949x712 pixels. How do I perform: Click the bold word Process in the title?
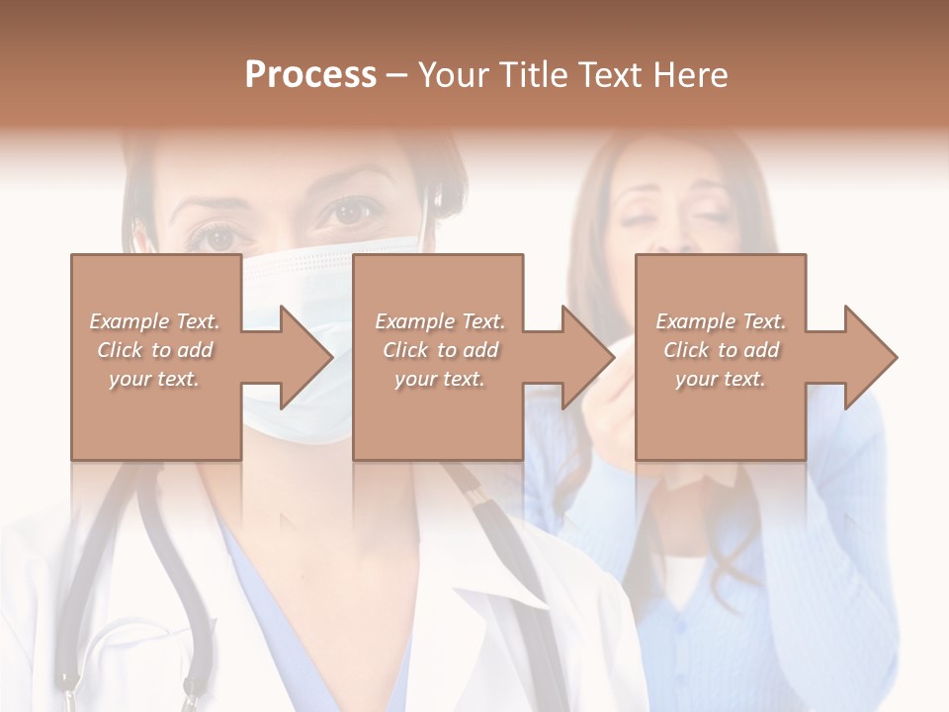[x=310, y=75]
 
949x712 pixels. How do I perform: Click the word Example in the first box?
[x=124, y=321]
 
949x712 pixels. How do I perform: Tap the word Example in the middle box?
[x=409, y=321]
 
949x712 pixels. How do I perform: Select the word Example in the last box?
[x=690, y=321]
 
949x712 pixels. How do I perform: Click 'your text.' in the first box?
[x=154, y=379]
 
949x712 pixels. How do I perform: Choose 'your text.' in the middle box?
[x=440, y=379]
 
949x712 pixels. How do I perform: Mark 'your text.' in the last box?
[x=721, y=379]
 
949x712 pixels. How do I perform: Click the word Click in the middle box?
[x=403, y=350]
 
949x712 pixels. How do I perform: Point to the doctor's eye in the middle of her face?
[x=352, y=211]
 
